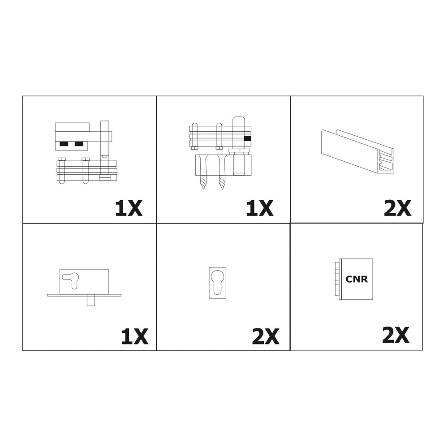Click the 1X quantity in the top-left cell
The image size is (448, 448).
click(129, 208)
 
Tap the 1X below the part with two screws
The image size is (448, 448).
click(260, 208)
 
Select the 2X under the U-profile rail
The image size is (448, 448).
click(397, 208)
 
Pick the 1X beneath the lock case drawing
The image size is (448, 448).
click(134, 336)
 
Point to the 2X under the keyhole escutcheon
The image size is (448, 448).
click(266, 336)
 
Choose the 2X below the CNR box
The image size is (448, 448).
click(396, 335)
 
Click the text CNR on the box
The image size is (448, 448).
click(357, 279)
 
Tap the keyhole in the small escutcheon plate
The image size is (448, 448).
click(217, 282)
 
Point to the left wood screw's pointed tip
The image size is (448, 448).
click(203, 188)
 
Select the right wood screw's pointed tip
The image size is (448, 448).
click(222, 188)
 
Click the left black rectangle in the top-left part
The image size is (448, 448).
click(64, 144)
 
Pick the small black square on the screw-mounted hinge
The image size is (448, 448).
click(247, 138)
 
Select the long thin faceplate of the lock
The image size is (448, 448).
click(84, 295)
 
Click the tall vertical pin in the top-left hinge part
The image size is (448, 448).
click(105, 147)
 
